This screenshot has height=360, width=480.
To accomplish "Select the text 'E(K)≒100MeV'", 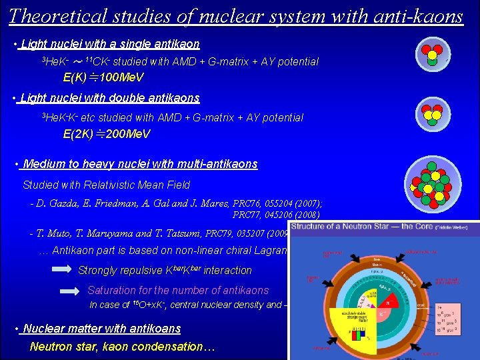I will [x=103, y=78].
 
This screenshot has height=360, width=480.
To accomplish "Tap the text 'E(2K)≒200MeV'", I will [x=107, y=134].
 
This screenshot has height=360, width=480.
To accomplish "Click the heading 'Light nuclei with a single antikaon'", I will [x=110, y=45].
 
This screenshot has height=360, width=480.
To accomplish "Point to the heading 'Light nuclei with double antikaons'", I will [x=110, y=98].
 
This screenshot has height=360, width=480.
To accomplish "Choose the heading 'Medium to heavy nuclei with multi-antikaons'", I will [x=140, y=164].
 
